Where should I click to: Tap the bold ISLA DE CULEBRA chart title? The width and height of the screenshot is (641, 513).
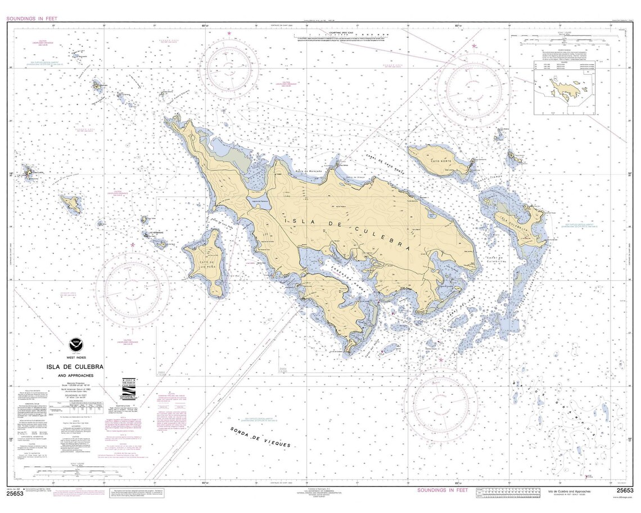(75, 366)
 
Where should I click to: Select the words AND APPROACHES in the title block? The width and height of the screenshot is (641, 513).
(75, 375)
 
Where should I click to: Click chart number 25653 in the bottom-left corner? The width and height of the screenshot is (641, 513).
(15, 494)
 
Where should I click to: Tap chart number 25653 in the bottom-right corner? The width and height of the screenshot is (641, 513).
(624, 490)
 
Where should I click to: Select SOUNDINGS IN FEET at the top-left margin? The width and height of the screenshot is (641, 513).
(33, 19)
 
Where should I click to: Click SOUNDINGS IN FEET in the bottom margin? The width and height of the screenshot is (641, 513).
(443, 490)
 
